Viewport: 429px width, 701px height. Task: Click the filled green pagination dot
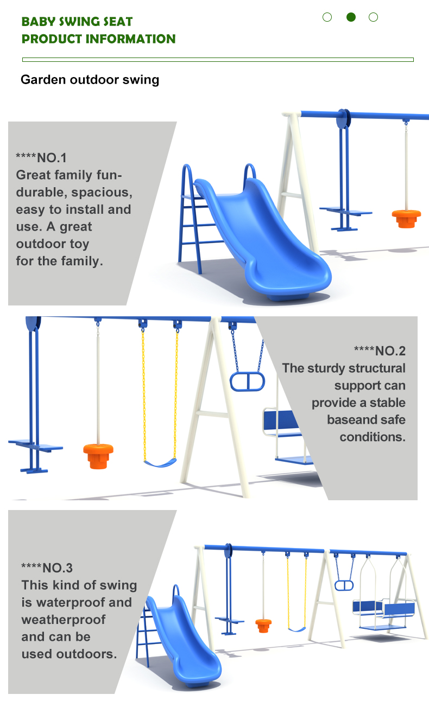tap(351, 17)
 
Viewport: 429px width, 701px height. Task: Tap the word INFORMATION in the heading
tap(130, 39)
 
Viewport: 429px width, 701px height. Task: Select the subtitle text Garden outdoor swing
tap(90, 80)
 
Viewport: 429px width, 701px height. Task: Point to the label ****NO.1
tap(41, 158)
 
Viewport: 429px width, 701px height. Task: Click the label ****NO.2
tap(380, 351)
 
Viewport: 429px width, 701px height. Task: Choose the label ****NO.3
tap(47, 568)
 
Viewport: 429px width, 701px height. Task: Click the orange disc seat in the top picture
tap(406, 218)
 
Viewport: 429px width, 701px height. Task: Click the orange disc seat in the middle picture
tap(98, 456)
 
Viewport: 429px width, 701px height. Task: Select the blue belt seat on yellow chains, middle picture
tap(160, 463)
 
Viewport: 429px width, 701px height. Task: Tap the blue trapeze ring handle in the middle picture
tap(248, 381)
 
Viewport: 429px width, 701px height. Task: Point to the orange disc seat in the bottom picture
tap(263, 626)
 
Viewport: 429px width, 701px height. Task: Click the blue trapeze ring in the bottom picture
tap(344, 585)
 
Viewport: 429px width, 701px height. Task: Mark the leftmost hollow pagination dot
tap(327, 17)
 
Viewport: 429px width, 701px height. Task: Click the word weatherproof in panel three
tap(64, 620)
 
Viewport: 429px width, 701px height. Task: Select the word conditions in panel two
tap(373, 437)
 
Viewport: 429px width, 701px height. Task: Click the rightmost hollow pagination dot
tap(373, 17)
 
